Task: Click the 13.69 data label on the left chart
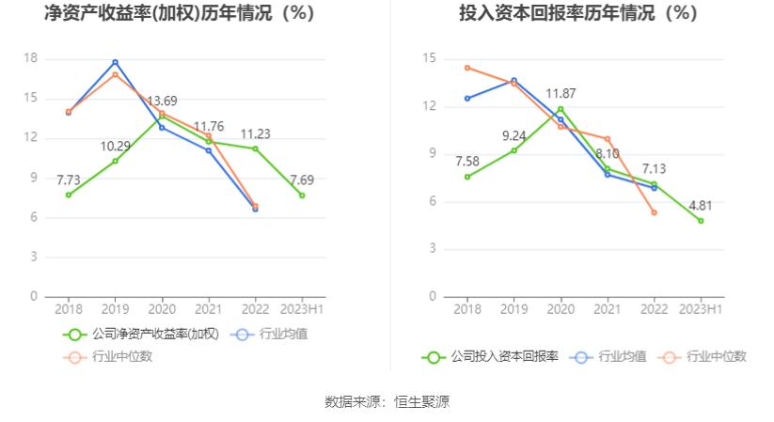pyautogui.click(x=162, y=102)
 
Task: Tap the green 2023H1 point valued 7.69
pyautogui.click(x=302, y=195)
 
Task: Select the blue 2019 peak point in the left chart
pyautogui.click(x=115, y=62)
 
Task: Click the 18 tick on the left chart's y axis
pyautogui.click(x=30, y=58)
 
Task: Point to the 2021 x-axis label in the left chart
pyautogui.click(x=209, y=308)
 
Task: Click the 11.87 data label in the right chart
pyautogui.click(x=561, y=94)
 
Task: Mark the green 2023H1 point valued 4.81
pyautogui.click(x=701, y=221)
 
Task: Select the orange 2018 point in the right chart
pyautogui.click(x=467, y=68)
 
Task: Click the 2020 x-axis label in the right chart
pyautogui.click(x=561, y=308)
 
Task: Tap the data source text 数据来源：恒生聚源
pyautogui.click(x=387, y=402)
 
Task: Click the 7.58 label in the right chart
pyautogui.click(x=467, y=160)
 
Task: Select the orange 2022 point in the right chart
pyautogui.click(x=654, y=212)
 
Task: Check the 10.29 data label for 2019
pyautogui.click(x=115, y=147)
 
